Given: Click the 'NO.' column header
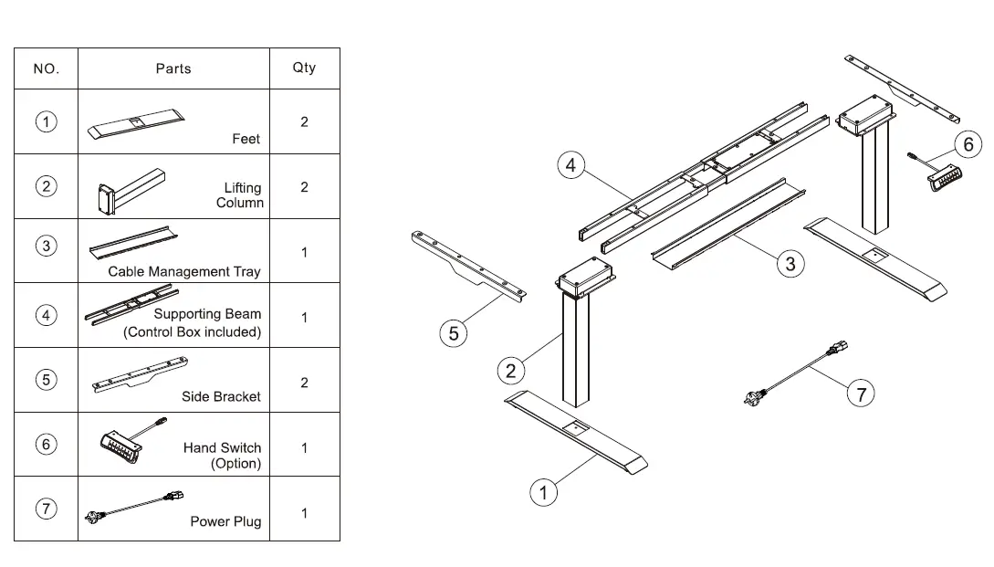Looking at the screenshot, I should (46, 68).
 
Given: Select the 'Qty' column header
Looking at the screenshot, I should (304, 68).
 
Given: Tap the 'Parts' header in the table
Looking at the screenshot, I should (173, 68).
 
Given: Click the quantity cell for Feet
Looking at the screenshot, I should (304, 121).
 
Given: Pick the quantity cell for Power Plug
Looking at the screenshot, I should (304, 513).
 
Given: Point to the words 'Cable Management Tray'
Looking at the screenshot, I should (183, 271).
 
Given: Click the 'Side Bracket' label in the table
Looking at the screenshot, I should (221, 396).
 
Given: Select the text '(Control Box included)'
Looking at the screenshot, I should (192, 332).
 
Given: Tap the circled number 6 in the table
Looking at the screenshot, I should (46, 445).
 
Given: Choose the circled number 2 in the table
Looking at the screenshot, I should (46, 186).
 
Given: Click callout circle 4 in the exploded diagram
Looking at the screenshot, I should (570, 165).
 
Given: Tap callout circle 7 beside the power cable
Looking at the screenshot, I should (860, 394).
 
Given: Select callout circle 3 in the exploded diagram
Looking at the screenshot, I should (790, 264).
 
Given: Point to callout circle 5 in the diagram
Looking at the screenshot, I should (454, 333).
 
